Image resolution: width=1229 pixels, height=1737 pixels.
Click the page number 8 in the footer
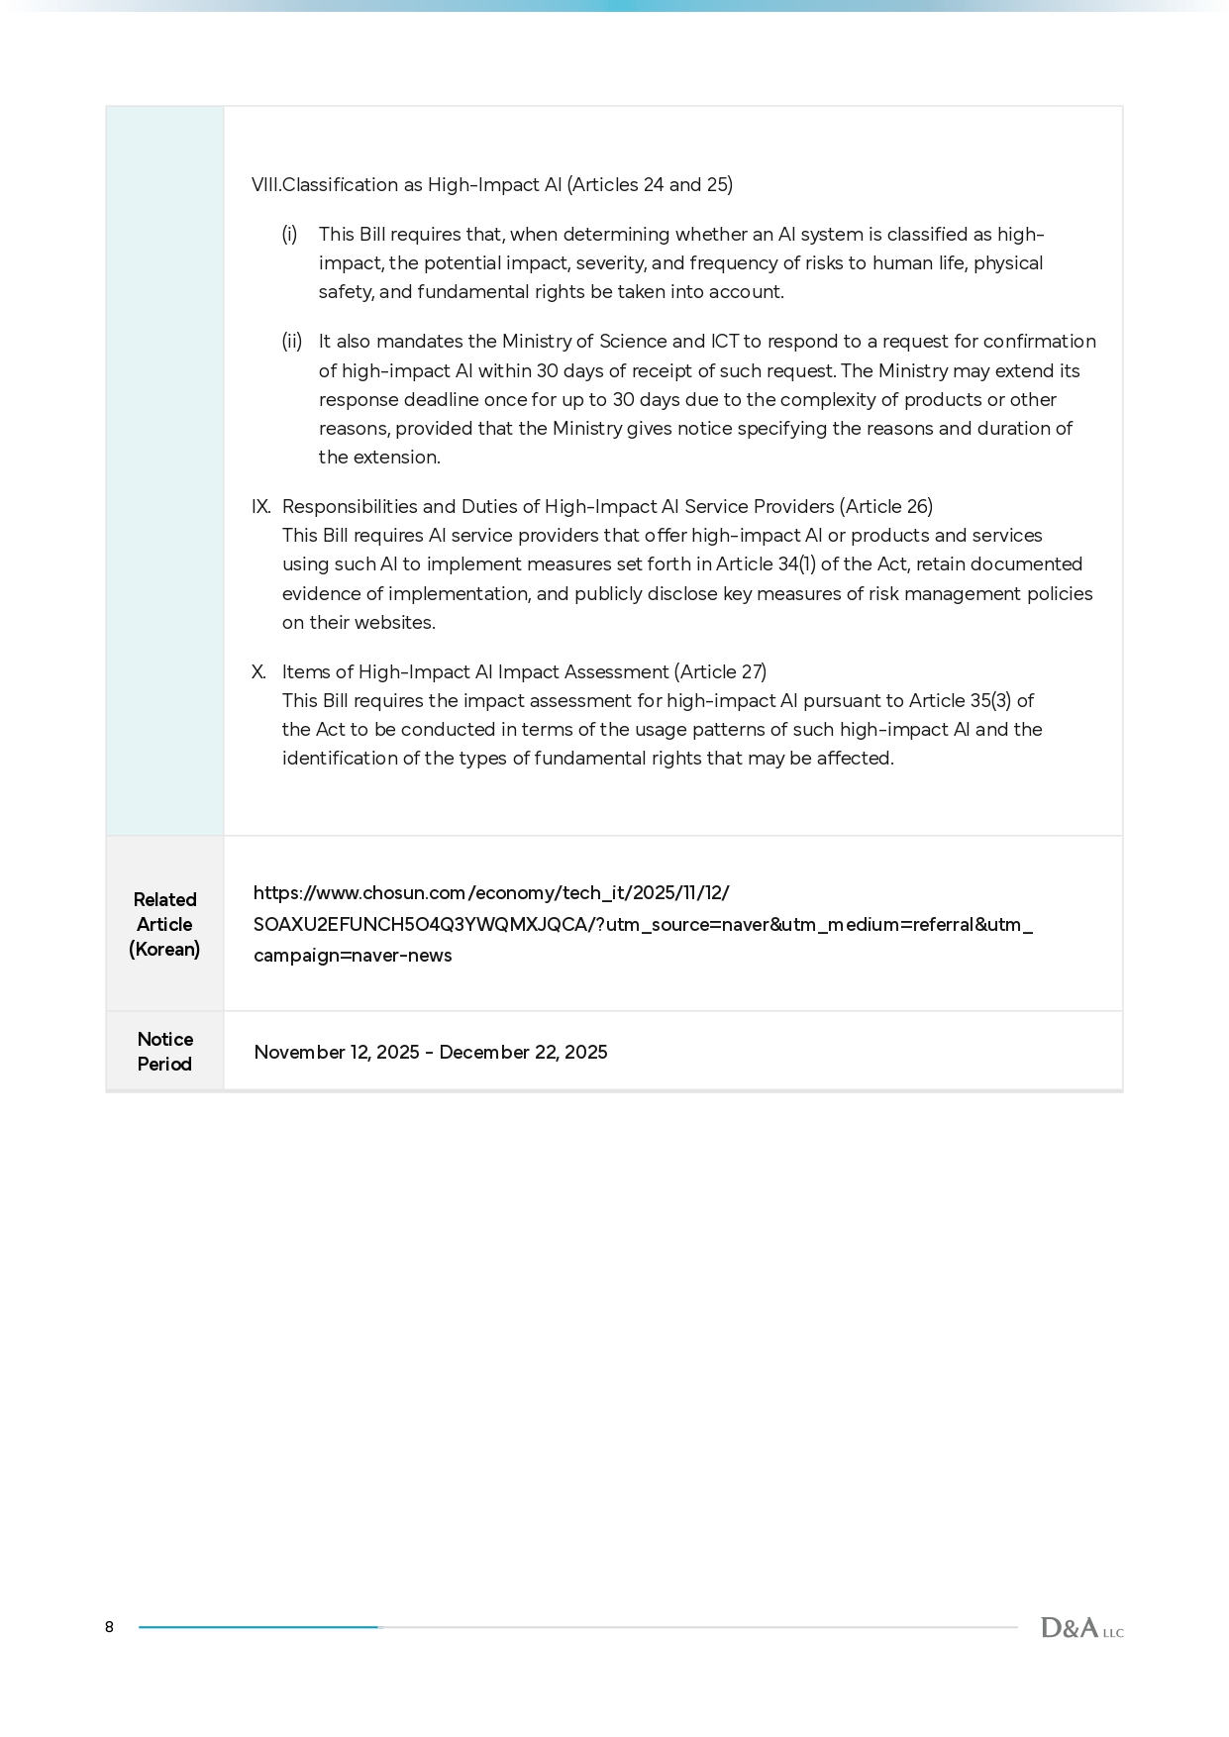[x=109, y=1627]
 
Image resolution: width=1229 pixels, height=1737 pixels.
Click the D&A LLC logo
[x=1081, y=1628]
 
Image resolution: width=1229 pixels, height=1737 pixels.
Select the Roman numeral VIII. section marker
[x=265, y=185]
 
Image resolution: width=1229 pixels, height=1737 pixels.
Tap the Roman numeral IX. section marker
[x=261, y=507]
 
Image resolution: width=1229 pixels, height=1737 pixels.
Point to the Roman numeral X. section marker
[x=259, y=672]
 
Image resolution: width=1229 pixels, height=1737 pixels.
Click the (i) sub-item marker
[x=289, y=235]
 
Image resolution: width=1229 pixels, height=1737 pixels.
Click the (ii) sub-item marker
[x=292, y=342]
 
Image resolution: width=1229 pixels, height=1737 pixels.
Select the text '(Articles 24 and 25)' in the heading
[x=650, y=185]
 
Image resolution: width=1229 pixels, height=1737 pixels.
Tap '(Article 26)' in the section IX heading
[x=886, y=507]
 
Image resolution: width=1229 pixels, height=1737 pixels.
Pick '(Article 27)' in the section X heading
[x=720, y=672]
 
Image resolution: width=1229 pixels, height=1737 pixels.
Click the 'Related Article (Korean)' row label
[x=164, y=924]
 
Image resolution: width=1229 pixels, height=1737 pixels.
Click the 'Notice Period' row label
[x=164, y=1052]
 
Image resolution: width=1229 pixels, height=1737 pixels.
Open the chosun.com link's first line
[x=491, y=893]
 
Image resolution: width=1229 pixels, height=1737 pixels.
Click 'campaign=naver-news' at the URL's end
[x=353, y=956]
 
